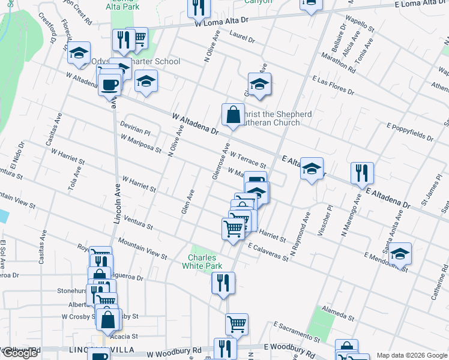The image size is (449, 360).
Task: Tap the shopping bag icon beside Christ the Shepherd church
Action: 232,114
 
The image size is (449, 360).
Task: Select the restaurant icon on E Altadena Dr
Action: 362,173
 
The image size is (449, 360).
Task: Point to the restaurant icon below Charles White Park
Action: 223,283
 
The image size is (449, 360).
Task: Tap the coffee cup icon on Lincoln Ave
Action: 109,84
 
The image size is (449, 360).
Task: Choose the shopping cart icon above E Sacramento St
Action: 237,324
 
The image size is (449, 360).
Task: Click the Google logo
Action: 20,353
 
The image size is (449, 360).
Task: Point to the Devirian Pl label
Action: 134,129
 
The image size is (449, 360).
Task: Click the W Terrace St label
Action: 247,160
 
